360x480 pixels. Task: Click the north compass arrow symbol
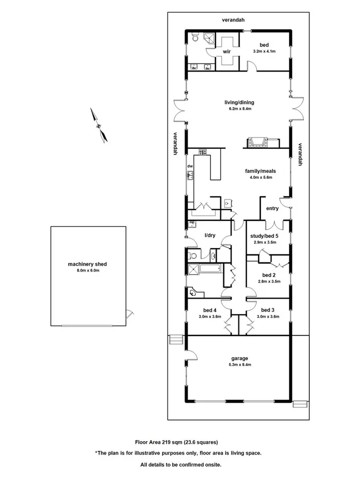(99, 126)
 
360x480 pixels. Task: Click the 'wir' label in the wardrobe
(226, 52)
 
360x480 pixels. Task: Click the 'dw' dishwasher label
(189, 166)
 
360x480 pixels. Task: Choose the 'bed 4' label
(210, 310)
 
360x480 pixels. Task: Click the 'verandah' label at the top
(234, 20)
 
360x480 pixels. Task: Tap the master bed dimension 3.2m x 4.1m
(265, 52)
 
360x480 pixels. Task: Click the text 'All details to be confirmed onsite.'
(180, 465)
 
